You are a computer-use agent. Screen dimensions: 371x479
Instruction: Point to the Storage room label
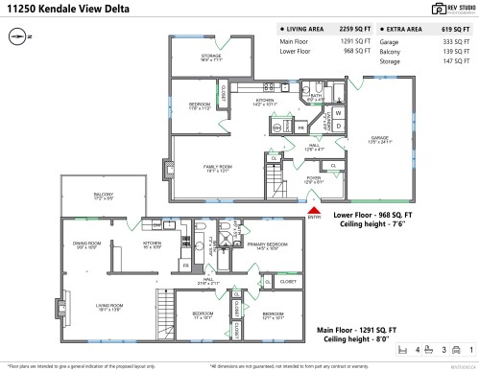[211, 58]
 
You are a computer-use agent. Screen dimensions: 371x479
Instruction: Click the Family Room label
[218, 168]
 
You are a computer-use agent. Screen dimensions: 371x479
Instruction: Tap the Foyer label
[314, 177]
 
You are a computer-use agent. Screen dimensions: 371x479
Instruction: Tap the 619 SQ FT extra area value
[454, 30]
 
